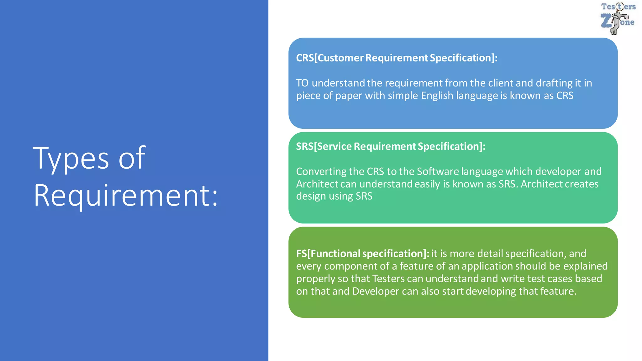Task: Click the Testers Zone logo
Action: click(618, 18)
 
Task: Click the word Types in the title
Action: click(71, 158)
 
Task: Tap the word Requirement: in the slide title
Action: click(125, 196)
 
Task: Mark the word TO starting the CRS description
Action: click(302, 83)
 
